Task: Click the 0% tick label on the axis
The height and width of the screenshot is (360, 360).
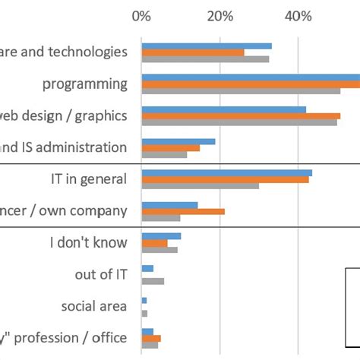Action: coord(141,16)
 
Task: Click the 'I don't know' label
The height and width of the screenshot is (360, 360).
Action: coord(89,243)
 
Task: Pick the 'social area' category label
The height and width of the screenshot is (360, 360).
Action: coord(95,306)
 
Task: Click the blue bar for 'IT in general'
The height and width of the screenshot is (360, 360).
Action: coord(226,172)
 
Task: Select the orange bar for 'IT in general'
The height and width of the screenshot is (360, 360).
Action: coord(225,179)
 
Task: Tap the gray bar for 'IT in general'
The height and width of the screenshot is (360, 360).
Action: coord(200,185)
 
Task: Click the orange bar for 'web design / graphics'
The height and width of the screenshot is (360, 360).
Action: coord(241,115)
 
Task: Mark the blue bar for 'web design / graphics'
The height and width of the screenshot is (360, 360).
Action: coord(223,109)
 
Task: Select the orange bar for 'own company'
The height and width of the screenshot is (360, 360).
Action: coord(183,211)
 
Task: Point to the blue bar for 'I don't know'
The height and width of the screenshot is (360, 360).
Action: coord(161,236)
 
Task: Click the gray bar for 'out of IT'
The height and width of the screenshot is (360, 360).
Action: coord(153,281)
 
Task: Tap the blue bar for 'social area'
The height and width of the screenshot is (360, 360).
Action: coord(144,300)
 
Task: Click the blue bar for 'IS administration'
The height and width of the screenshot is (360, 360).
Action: coord(178,141)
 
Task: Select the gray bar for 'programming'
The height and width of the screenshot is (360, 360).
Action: coord(241,90)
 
